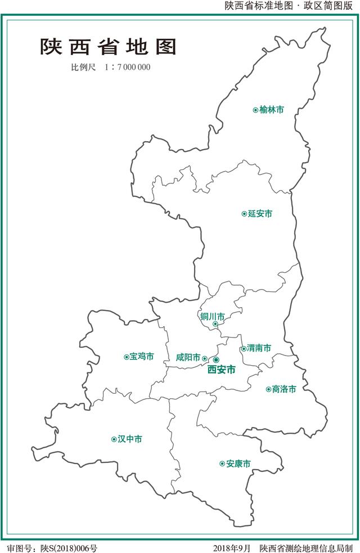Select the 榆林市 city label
[x=272, y=110]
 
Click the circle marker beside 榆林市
[x=255, y=110]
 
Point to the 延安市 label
[x=260, y=214]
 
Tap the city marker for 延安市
[x=244, y=214]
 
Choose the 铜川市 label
[x=213, y=316]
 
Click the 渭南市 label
[x=259, y=348]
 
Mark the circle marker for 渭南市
[x=244, y=349]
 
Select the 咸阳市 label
[x=188, y=358]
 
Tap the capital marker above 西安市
[x=217, y=359]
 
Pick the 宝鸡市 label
[x=142, y=357]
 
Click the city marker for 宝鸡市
[x=126, y=357]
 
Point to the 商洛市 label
[x=283, y=389]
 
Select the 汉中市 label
[x=130, y=439]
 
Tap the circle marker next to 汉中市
[x=114, y=439]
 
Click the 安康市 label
[x=238, y=464]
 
